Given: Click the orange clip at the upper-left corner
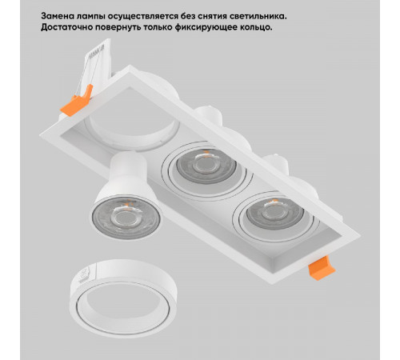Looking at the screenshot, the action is [77, 101].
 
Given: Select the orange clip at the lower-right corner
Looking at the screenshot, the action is [322, 268].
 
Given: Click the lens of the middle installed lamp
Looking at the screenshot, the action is [206, 166].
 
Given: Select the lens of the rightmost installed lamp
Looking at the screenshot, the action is [274, 213].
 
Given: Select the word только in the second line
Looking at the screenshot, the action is [158, 27].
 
